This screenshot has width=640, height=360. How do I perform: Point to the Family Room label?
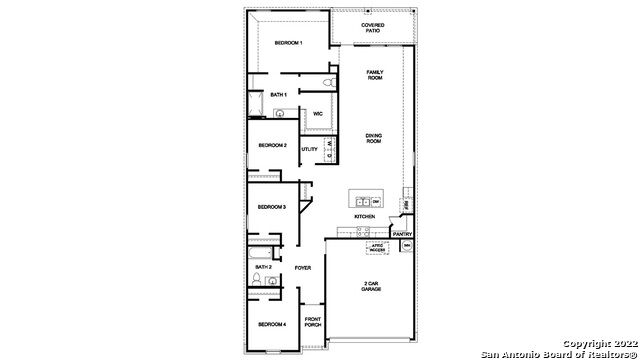coord(375,75)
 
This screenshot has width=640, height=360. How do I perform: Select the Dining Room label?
coord(374,138)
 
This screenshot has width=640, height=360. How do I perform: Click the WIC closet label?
coord(317,114)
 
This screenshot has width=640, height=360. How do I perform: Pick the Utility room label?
coord(309,149)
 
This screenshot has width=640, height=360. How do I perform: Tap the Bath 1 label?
coord(279,95)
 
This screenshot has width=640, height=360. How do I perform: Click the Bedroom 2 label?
coord(273,146)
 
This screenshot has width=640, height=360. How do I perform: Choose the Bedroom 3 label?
coord(272,207)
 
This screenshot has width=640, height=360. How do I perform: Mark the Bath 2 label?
coord(263,267)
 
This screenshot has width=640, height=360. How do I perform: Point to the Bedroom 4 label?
coord(272,325)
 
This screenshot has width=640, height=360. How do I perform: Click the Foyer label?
coord(303,268)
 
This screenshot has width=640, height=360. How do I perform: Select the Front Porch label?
coord(312,322)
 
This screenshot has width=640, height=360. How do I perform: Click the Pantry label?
coord(401,234)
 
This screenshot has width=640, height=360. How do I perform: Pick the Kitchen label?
coord(364,217)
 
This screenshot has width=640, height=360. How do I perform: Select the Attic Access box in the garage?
coord(378,246)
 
